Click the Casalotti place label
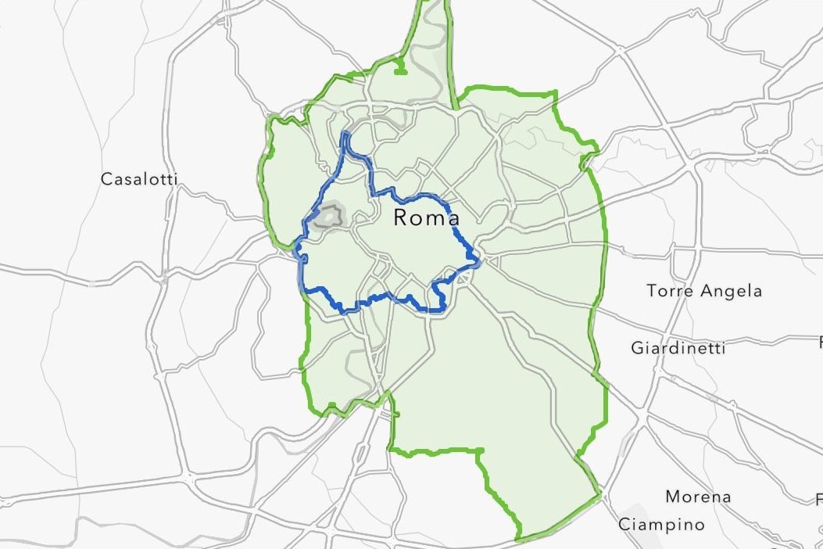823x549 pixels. [x=139, y=179]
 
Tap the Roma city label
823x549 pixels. [x=426, y=217]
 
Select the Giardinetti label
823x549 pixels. [x=678, y=347]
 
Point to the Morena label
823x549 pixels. [x=698, y=497]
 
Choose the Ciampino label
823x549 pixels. [x=662, y=524]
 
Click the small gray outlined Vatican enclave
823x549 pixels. [x=331, y=216]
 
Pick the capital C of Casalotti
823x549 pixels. [x=106, y=179]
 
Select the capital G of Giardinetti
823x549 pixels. [x=638, y=346]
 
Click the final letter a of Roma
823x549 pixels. [x=453, y=218]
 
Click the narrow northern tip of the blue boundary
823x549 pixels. [x=345, y=135]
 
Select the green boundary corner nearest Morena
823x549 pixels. [x=599, y=493]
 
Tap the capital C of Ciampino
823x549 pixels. [x=624, y=524]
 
